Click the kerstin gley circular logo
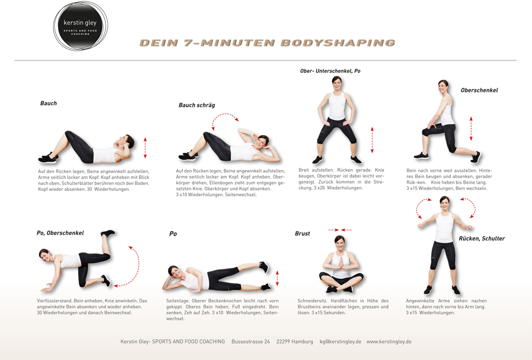coord(81,26)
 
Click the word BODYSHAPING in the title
coord(338,43)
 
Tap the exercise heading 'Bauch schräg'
coord(197,105)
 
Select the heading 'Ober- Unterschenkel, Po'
coord(330,71)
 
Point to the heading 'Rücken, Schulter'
coord(482,239)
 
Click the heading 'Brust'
coord(302,233)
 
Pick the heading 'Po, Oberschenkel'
coord(60,233)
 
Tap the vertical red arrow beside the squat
coord(372,140)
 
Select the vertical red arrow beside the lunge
coord(471,129)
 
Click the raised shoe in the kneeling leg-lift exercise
coord(108,233)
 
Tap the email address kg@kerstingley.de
coord(340,342)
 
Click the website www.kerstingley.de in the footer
coord(389,342)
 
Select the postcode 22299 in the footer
coord(283,342)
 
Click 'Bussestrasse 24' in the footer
coord(251,342)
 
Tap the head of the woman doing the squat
coord(337,82)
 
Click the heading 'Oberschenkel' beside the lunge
coord(479,90)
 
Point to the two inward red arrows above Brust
coord(340,230)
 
